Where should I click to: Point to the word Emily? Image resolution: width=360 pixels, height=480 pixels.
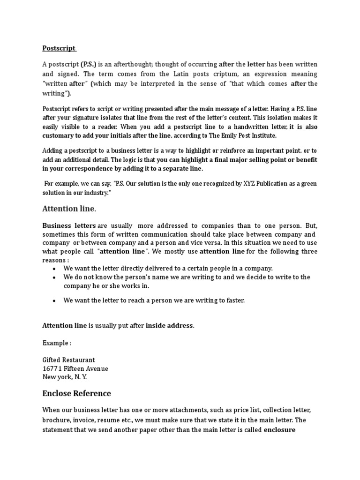pyautogui.click(x=220, y=135)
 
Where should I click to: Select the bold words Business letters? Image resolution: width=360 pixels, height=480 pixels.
pyautogui.click(x=69, y=226)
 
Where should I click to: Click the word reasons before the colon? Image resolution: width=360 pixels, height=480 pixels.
pyautogui.click(x=53, y=260)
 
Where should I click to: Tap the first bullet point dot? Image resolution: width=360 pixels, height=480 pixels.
pyautogui.click(x=55, y=269)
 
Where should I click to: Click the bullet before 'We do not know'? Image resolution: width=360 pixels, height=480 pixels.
pyautogui.click(x=55, y=277)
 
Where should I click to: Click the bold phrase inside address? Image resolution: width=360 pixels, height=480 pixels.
pyautogui.click(x=169, y=326)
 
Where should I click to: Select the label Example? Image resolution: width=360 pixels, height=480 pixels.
pyautogui.click(x=56, y=343)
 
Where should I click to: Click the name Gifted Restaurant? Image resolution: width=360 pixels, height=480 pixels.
pyautogui.click(x=68, y=360)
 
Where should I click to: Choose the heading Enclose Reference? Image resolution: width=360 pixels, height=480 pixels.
pyautogui.click(x=76, y=393)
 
